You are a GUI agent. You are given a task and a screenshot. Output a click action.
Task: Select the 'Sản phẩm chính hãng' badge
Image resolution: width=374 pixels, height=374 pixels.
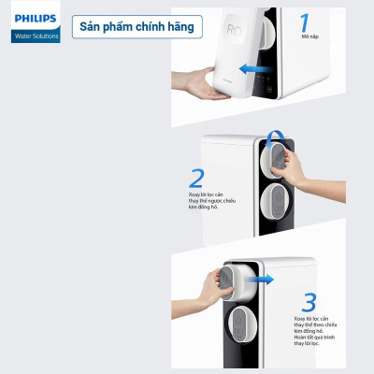coord(140,26)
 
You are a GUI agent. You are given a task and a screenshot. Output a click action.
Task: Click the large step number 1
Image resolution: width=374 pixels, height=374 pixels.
coord(305,24)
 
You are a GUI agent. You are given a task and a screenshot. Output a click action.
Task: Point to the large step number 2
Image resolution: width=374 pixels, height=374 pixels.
coord(196,178)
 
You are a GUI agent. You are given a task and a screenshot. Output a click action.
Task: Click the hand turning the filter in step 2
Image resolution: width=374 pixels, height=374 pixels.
coord(295,168)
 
